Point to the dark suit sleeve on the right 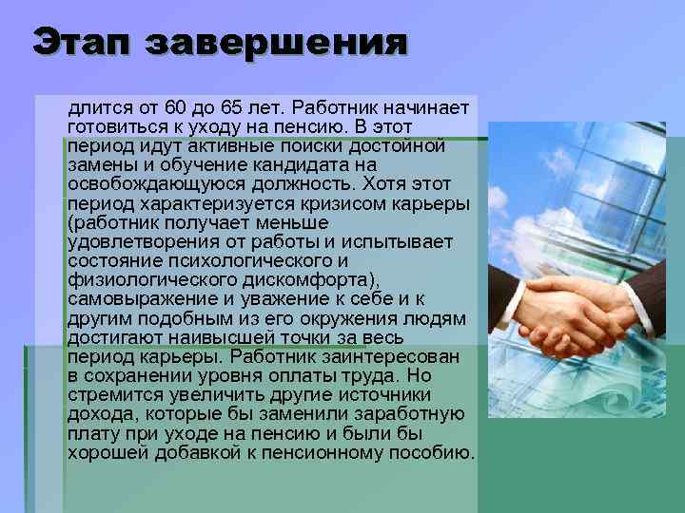coord(656,294)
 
